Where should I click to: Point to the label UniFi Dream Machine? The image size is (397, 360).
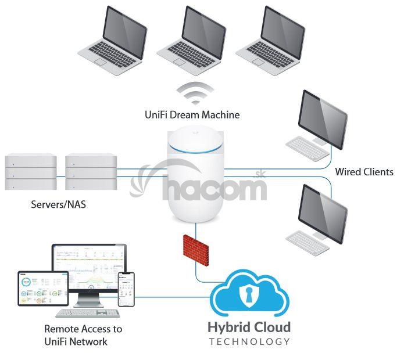click(x=192, y=115)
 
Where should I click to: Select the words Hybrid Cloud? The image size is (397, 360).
click(x=249, y=327)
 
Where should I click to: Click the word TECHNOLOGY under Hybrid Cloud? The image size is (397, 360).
click(x=249, y=342)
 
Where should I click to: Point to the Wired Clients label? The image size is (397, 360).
click(x=364, y=172)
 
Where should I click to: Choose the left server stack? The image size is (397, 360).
click(x=30, y=171)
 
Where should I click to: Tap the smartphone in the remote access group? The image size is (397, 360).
click(x=126, y=290)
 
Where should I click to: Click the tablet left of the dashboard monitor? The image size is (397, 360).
click(x=34, y=289)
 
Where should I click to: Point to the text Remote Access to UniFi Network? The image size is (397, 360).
click(x=84, y=335)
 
